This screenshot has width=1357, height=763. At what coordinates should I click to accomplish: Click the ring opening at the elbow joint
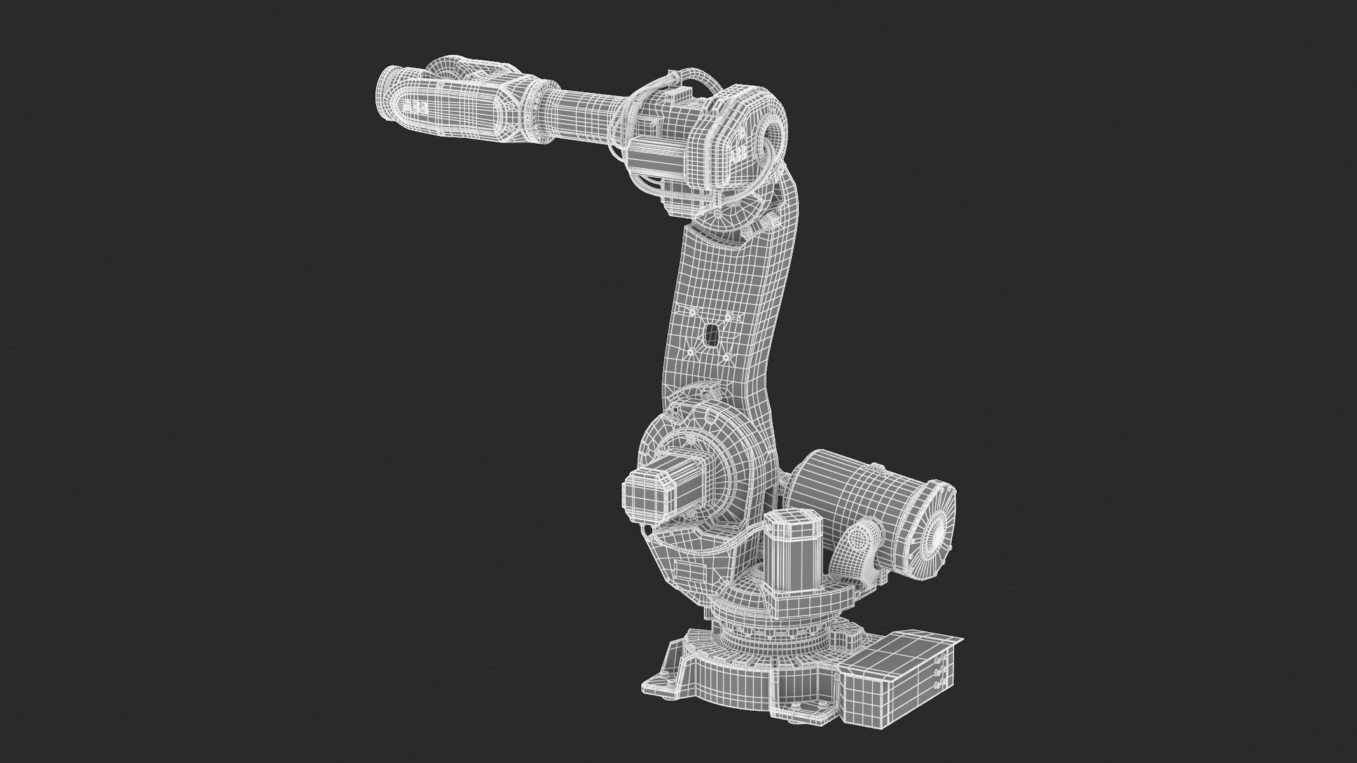(772, 136)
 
